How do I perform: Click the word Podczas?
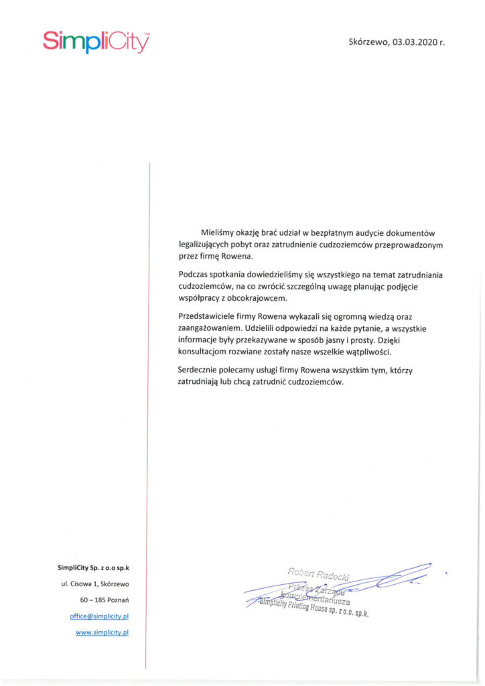pos(194,275)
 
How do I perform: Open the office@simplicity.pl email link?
pos(100,616)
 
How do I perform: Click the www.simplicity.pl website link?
pos(102,632)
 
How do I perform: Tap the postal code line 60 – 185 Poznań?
pos(104,600)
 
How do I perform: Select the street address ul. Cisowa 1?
pos(81,584)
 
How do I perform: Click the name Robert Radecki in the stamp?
pos(318,573)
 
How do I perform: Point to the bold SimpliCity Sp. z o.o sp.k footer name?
pos(93,568)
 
